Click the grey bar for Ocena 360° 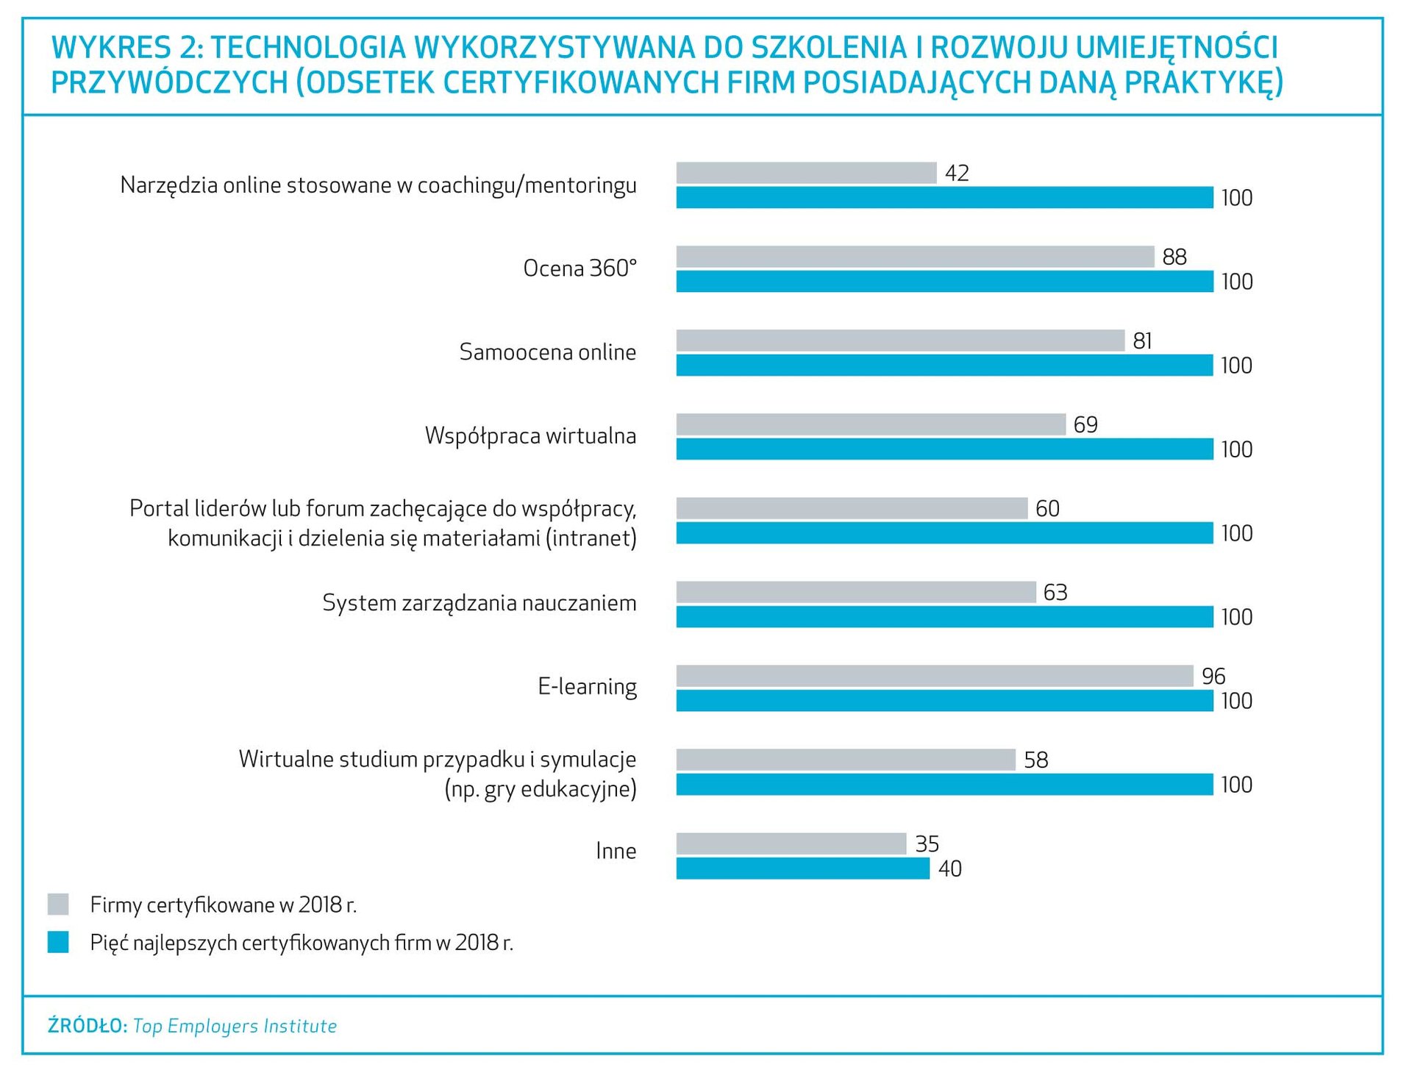[915, 257]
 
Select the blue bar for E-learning [944, 701]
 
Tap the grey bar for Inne [791, 843]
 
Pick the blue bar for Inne [802, 869]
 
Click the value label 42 [957, 173]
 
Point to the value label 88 [1174, 257]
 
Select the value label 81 [1142, 340]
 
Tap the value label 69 [1085, 424]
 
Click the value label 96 [1213, 676]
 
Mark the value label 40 [949, 869]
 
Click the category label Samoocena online [548, 352]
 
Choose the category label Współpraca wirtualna [530, 436]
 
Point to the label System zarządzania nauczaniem [479, 603]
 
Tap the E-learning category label [587, 687]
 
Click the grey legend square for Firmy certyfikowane [58, 905]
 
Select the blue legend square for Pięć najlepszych [58, 942]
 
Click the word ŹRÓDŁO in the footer [88, 1026]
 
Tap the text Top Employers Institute [235, 1026]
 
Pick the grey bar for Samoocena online [900, 340]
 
